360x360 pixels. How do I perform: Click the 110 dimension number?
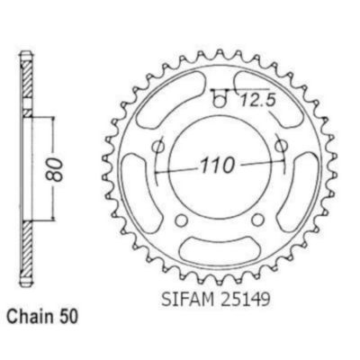click(217, 166)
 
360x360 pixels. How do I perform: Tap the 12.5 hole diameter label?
click(257, 101)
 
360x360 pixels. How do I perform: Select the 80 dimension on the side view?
click(55, 169)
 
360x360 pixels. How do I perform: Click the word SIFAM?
click(188, 299)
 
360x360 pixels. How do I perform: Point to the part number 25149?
click(244, 299)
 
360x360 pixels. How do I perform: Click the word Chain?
click(28, 317)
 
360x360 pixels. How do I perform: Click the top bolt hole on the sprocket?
click(220, 102)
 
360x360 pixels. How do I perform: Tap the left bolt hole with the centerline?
click(157, 147)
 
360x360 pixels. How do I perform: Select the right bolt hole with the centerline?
click(281, 146)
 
